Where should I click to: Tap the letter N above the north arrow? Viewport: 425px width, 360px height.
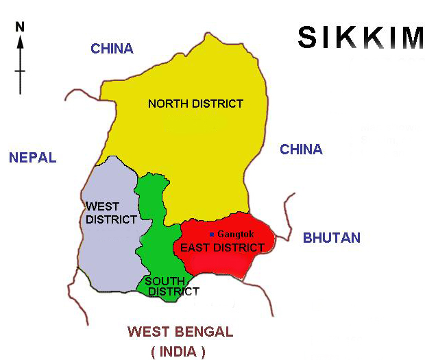[x=21, y=27]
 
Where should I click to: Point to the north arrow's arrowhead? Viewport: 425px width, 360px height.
[x=21, y=41]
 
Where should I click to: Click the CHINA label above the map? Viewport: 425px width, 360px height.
[x=112, y=49]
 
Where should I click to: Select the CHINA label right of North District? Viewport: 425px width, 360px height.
[x=301, y=149]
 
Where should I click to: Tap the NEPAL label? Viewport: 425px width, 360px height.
[x=32, y=158]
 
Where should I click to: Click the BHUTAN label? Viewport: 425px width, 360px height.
[x=332, y=238]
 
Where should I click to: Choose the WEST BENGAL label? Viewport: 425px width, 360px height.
[x=180, y=333]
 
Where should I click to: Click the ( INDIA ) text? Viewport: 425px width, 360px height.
[x=178, y=352]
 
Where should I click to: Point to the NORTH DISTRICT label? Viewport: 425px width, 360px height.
[x=195, y=104]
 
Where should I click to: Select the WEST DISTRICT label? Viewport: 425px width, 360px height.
[x=102, y=213]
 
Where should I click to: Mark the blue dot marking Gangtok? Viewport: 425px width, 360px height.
[x=212, y=235]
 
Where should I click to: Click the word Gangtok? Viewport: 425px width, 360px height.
[x=235, y=235]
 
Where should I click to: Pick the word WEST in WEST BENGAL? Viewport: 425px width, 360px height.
[x=147, y=333]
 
